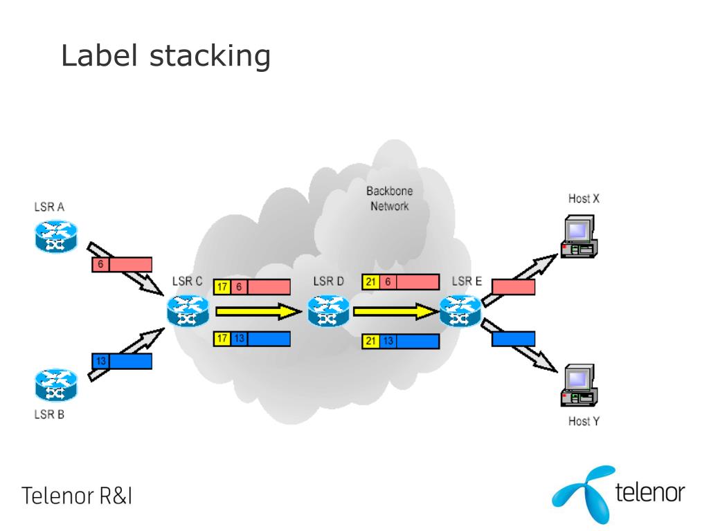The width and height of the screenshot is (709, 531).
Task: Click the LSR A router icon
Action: tap(56, 236)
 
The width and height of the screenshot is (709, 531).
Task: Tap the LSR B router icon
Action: tap(56, 384)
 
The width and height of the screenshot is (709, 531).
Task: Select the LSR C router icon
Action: tap(188, 310)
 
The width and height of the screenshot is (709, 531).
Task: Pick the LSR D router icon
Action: tap(329, 310)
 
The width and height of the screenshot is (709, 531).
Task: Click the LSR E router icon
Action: tap(460, 310)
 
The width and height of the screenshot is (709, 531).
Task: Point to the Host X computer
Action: tap(580, 236)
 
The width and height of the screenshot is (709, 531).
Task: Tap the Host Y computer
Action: tap(580, 385)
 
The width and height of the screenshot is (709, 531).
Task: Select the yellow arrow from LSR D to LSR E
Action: tap(396, 311)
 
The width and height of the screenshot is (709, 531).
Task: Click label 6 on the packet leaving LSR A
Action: tap(100, 264)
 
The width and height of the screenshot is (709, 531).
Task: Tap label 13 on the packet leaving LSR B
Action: tap(100, 361)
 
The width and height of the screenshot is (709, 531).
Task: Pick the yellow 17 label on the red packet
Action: tap(222, 287)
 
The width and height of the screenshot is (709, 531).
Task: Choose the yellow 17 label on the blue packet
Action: tap(222, 339)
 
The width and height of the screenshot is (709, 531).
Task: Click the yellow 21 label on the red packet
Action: tap(371, 282)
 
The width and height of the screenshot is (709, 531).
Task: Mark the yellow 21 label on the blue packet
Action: tap(371, 341)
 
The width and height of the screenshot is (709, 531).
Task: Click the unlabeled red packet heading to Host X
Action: tap(513, 287)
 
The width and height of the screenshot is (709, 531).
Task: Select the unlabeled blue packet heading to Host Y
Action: tap(513, 339)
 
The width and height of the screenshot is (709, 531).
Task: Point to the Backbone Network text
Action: tap(389, 198)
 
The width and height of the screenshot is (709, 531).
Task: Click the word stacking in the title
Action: tap(210, 57)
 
